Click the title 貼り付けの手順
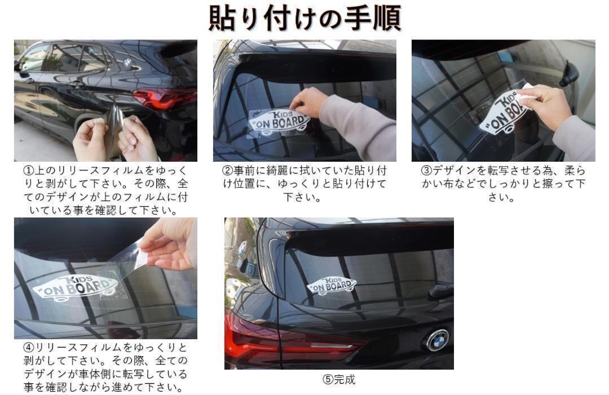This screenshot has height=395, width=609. pyautogui.click(x=305, y=18)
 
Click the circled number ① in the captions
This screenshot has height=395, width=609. pyautogui.click(x=29, y=171)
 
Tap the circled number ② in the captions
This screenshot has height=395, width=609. pyautogui.click(x=227, y=171)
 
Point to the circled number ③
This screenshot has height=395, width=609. pyautogui.click(x=426, y=171)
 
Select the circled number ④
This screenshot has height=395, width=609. pyautogui.click(x=29, y=347)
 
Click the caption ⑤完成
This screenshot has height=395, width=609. pyautogui.click(x=339, y=379)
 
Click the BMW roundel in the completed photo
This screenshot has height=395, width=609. pyautogui.click(x=438, y=340)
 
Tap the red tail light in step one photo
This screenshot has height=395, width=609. pyautogui.click(x=165, y=98)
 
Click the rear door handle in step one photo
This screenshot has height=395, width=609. pyautogui.click(x=76, y=83)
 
